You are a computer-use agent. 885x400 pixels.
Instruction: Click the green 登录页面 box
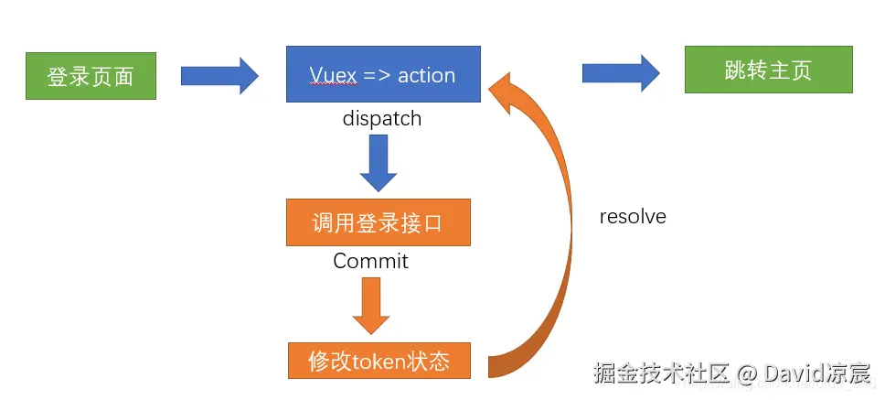(x=90, y=75)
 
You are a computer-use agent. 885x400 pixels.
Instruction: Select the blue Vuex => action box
(x=382, y=75)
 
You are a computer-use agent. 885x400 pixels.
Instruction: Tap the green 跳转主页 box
(x=768, y=70)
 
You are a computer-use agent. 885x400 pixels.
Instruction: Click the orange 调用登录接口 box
(x=379, y=223)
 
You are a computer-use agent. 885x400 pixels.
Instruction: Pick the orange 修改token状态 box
(x=379, y=361)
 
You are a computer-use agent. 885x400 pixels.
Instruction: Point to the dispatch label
(x=382, y=119)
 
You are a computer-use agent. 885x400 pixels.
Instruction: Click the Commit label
(x=370, y=262)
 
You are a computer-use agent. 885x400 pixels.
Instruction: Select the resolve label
(x=633, y=217)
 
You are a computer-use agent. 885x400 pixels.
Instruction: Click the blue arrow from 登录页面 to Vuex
(x=219, y=75)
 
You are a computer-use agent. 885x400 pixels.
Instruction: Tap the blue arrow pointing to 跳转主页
(x=621, y=72)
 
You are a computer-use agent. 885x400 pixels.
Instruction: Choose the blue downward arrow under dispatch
(x=378, y=161)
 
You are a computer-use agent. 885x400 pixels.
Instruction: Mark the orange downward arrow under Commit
(x=370, y=305)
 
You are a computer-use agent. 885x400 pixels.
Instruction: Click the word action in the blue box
(x=426, y=75)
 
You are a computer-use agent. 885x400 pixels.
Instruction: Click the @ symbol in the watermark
(x=747, y=373)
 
